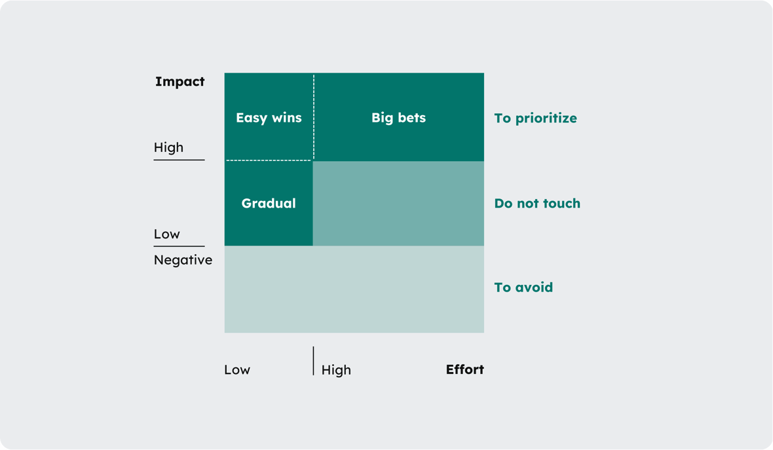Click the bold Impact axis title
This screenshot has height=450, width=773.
coord(179,82)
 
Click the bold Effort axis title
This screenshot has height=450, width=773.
coord(464,369)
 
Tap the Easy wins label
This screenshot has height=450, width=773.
coord(269,118)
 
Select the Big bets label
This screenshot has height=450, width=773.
coord(398,118)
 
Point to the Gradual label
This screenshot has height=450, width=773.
coord(269,203)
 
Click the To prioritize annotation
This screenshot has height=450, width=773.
coord(535,119)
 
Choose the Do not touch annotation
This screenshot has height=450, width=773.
coord(537,204)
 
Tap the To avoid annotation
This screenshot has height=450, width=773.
coord(523,288)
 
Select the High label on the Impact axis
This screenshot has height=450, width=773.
coord(168,147)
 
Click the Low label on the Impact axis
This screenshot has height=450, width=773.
coord(166,234)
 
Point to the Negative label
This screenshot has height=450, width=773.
coord(183,260)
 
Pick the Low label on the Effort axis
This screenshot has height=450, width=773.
coord(237,370)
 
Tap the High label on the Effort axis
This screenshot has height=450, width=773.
coord(336,370)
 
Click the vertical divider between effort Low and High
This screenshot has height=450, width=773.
coord(313,361)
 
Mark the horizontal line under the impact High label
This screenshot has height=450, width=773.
coord(179,159)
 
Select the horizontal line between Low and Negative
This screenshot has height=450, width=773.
coord(179,246)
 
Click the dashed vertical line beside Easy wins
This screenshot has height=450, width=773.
coord(314,117)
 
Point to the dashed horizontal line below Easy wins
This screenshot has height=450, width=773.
coord(269,160)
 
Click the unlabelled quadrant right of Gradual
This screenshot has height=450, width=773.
coord(398,204)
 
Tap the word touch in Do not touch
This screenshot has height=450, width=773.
coord(560,204)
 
